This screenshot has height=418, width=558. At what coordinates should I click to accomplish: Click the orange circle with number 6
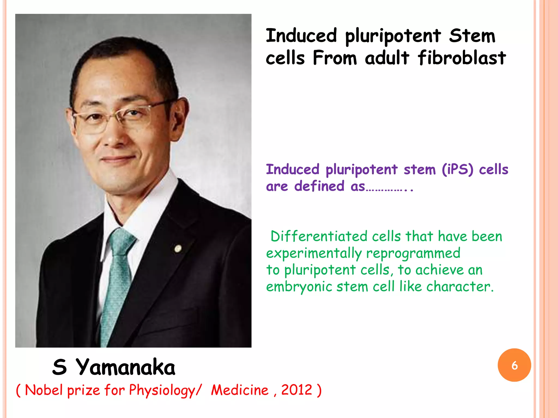click(x=514, y=365)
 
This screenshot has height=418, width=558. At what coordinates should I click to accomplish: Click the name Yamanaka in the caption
click(x=125, y=367)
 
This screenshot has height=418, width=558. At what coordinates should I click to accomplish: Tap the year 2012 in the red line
click(x=296, y=390)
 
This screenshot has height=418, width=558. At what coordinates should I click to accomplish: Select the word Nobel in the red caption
click(x=44, y=390)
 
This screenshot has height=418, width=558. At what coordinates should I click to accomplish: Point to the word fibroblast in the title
click(x=462, y=58)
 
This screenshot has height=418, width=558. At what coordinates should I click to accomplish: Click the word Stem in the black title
click(x=472, y=36)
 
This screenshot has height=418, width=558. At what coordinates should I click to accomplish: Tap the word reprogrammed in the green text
click(x=413, y=253)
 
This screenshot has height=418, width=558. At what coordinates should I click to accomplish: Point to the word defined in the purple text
click(x=319, y=186)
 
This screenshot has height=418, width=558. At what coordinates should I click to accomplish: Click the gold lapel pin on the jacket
click(x=178, y=248)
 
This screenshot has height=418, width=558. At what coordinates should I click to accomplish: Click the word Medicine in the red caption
click(x=240, y=390)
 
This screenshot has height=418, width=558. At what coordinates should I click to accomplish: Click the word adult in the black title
click(x=387, y=58)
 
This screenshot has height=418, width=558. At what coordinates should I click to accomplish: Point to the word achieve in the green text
click(x=439, y=270)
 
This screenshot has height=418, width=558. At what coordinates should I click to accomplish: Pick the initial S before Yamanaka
click(x=60, y=367)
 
